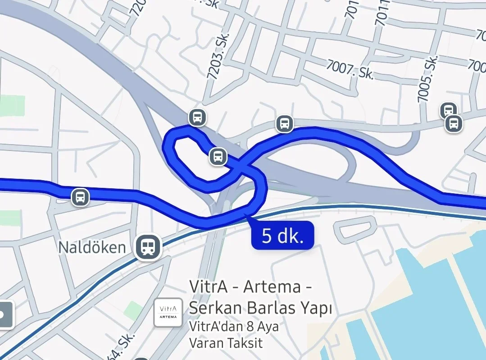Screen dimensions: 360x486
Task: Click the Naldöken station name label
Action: [92, 247]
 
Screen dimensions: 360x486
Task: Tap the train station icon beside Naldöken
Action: [147, 246]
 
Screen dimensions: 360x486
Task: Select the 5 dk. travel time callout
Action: [282, 235]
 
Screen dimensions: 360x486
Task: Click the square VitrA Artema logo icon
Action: [168, 312]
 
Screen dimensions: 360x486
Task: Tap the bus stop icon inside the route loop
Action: [218, 157]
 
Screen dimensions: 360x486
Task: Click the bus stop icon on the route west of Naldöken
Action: [80, 197]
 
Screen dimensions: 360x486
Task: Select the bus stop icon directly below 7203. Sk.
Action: [197, 117]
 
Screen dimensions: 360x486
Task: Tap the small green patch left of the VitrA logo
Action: [133, 310]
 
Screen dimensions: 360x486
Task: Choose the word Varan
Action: [205, 342]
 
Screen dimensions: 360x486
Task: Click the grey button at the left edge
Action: [5, 314]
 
